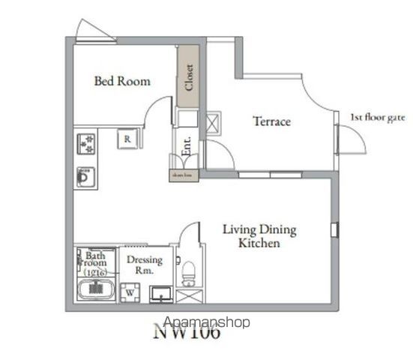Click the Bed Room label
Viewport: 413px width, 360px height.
pyautogui.click(x=121, y=81)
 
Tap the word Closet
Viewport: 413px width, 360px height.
pyautogui.click(x=188, y=76)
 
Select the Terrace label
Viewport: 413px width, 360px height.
pyautogui.click(x=271, y=121)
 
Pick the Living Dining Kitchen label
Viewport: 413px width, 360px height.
pyautogui.click(x=259, y=236)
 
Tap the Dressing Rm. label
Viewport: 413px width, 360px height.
pyautogui.click(x=145, y=264)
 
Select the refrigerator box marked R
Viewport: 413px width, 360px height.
pyautogui.click(x=127, y=139)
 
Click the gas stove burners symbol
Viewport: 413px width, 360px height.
pyautogui.click(x=85, y=142)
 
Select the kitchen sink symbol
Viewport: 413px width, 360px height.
pyautogui.click(x=84, y=177)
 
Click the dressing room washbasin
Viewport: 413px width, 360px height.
pyautogui.click(x=160, y=293)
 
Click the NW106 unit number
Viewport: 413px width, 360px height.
pyautogui.click(x=187, y=332)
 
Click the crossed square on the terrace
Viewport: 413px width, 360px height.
pyautogui.click(x=213, y=123)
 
